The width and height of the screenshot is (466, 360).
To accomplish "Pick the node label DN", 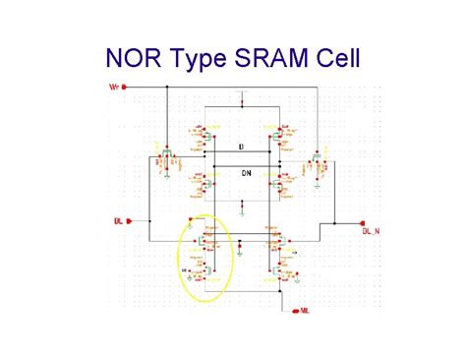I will pyautogui.click(x=245, y=169).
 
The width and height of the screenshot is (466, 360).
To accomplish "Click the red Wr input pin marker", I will pyautogui.click(x=126, y=87).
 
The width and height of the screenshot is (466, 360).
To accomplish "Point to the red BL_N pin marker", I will pyautogui.click(x=362, y=222).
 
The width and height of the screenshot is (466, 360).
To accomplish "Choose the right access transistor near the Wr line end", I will pyautogui.click(x=317, y=157).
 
